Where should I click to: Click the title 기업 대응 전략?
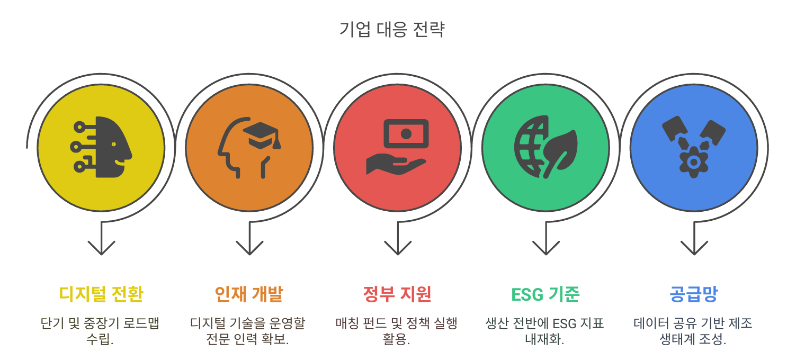coord(392,29)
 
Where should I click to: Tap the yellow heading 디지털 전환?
coord(101,293)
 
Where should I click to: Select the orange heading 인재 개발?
coord(249,293)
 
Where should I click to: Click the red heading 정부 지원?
coord(397,293)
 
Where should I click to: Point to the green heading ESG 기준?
coord(545,293)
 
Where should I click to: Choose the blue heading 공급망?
coord(693,293)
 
